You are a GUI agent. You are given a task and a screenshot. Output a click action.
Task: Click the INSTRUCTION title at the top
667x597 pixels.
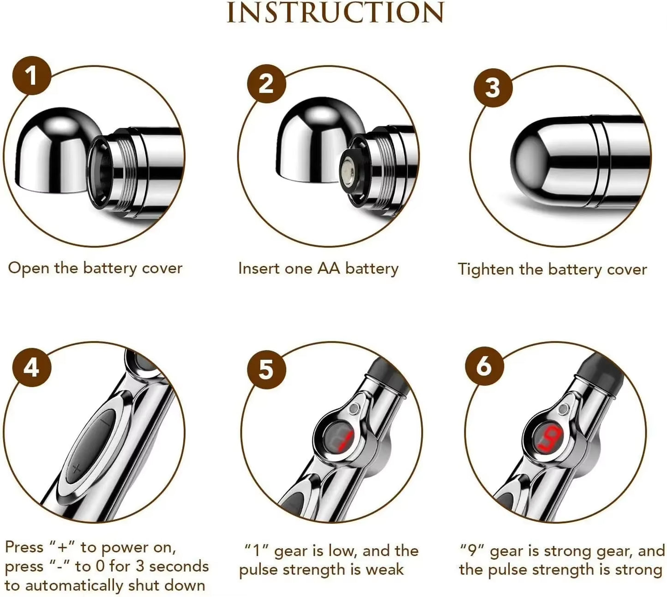tap(335, 13)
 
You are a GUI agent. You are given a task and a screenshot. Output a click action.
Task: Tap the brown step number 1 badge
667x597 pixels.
tap(31, 75)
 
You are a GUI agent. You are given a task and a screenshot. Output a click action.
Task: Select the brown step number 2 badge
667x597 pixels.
tap(266, 84)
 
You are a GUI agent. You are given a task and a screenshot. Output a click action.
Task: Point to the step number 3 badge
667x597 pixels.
tap(493, 87)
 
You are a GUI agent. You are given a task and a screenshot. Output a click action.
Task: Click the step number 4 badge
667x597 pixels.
tap(31, 368)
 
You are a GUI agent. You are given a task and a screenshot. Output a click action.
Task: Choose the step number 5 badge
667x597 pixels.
tap(266, 370)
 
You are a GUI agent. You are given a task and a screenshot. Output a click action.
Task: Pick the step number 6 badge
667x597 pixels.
tap(484, 366)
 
